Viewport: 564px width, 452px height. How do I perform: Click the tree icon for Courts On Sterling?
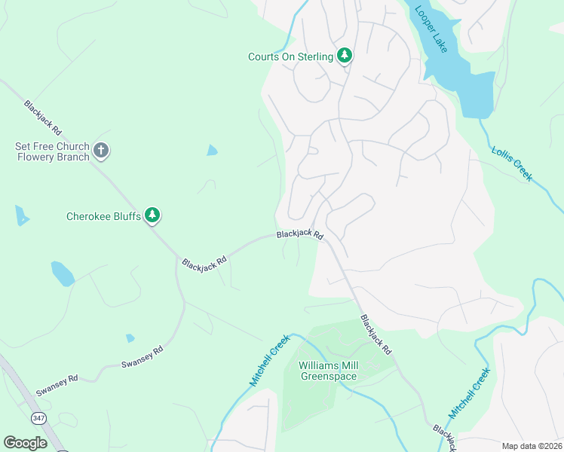click(x=345, y=56)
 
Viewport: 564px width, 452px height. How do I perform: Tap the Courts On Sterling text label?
click(x=290, y=56)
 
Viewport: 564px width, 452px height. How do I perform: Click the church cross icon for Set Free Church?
click(x=101, y=151)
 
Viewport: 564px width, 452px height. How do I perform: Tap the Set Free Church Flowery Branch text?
click(x=52, y=151)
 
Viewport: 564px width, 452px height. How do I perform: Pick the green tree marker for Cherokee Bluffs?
click(x=152, y=216)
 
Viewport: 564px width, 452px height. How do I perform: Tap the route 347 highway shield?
click(x=38, y=417)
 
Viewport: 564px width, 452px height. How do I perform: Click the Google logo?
click(x=26, y=442)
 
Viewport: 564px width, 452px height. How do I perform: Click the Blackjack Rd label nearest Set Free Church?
click(x=42, y=118)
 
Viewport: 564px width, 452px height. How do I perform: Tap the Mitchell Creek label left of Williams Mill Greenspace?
click(x=270, y=361)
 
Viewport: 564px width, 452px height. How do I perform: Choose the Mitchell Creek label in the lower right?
click(x=471, y=393)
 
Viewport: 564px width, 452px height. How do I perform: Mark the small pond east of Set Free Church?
click(x=213, y=150)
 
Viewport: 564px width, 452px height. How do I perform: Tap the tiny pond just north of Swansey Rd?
click(x=130, y=338)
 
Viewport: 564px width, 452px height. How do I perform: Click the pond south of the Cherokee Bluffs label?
click(x=62, y=273)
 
